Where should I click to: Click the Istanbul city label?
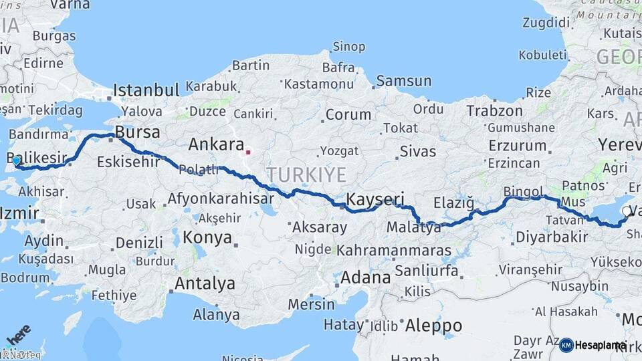pos(146,90)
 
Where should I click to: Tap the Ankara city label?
pos(216,144)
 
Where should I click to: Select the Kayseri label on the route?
pos(377,199)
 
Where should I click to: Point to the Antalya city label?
pos(205,283)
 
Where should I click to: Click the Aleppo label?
pos(432,326)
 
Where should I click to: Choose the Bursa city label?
pos(137,130)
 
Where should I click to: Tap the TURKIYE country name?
pos(307,175)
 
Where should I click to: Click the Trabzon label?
pos(494,110)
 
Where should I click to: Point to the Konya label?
pos(207,237)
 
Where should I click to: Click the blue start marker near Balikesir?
pos(16,160)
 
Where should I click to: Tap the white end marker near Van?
pos(626,211)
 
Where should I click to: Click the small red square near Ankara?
pos(248,152)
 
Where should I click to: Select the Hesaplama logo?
pos(593,345)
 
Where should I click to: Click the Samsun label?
pos(403,82)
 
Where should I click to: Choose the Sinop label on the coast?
pos(349,47)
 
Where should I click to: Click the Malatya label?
pos(414,228)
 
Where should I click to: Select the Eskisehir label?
pos(128,161)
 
